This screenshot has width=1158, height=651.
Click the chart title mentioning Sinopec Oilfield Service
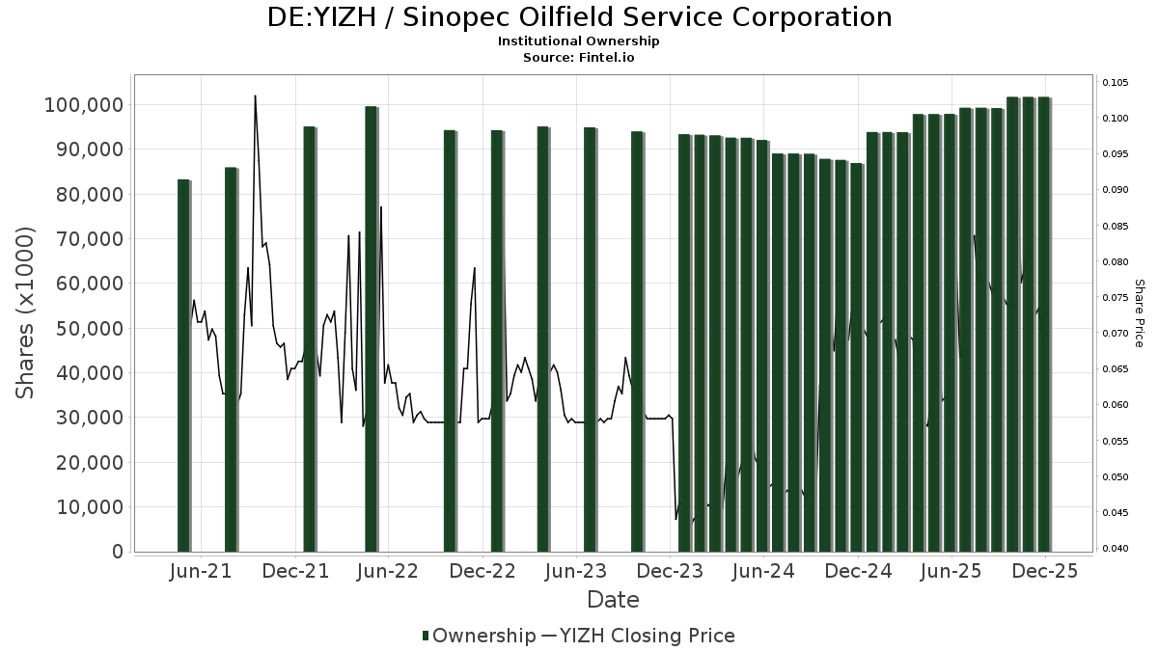(579, 17)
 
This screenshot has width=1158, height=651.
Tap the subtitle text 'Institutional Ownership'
(579, 41)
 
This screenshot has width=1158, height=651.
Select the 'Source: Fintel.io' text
(579, 57)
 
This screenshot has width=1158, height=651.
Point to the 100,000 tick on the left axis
(84, 104)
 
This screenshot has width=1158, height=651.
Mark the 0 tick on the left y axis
(118, 552)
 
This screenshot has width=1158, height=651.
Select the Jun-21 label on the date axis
(201, 571)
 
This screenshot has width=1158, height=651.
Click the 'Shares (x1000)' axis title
(26, 312)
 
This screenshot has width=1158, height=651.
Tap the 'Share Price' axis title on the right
(1139, 312)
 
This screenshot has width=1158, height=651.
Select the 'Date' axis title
(613, 600)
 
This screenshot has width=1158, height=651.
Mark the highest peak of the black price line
(255, 96)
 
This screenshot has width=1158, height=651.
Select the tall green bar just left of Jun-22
(371, 328)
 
